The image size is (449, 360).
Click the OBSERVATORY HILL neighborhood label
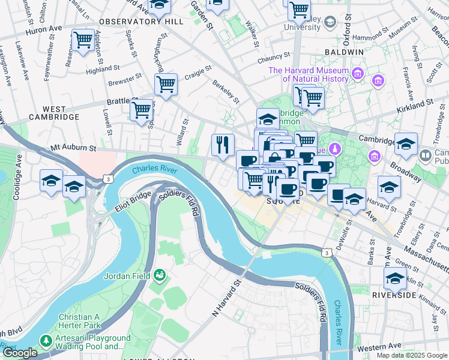(x=141, y=22)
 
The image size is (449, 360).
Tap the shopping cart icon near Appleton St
(x=83, y=40)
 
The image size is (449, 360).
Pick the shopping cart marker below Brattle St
(x=141, y=110)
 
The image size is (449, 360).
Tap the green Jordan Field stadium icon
(x=159, y=275)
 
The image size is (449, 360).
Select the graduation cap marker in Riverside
(x=395, y=278)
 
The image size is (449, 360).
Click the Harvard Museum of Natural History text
(x=309, y=74)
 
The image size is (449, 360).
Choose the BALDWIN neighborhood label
(x=344, y=52)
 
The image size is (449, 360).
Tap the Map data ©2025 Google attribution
(x=411, y=355)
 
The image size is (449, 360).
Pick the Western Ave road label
(x=381, y=346)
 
